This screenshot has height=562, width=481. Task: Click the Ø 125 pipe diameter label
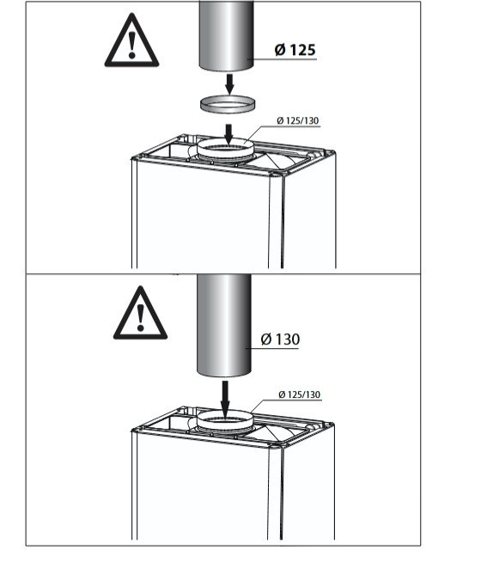[x=295, y=50]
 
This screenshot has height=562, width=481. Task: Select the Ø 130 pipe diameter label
[x=280, y=339]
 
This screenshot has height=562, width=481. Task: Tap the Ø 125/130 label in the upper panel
[x=298, y=120]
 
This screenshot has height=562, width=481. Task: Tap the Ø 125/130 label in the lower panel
[x=300, y=394]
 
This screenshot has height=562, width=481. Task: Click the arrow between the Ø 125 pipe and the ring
[x=229, y=83]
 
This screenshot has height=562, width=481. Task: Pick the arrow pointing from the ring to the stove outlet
[x=228, y=135]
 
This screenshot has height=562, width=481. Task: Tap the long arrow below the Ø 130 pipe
[x=224, y=400]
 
